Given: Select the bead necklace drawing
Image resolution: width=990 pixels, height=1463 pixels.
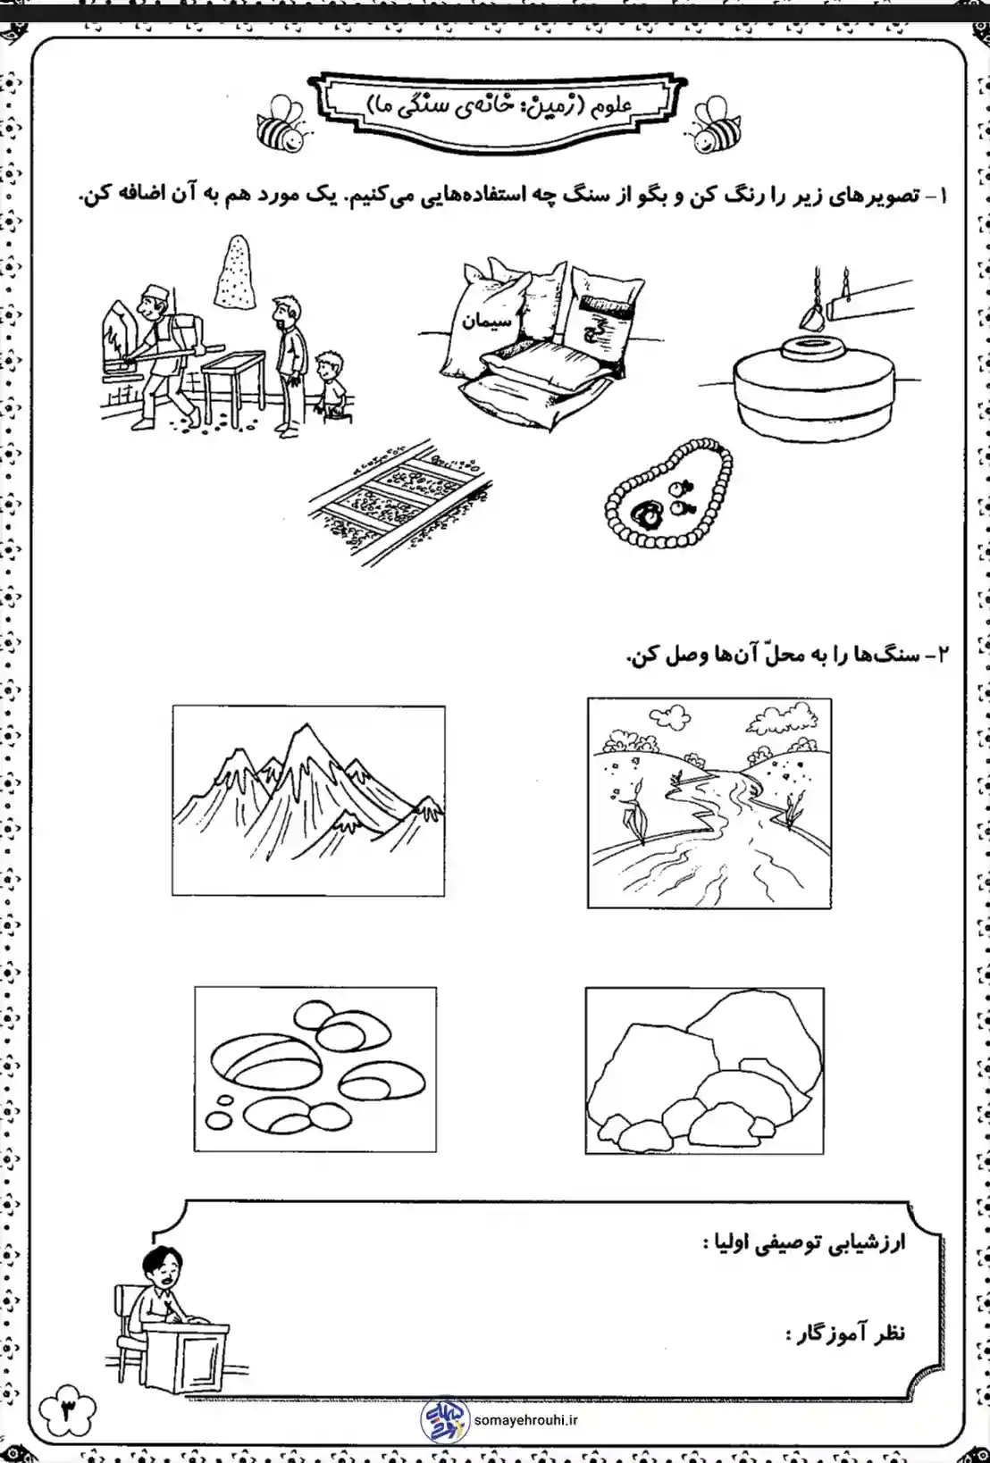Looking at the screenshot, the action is [667, 492].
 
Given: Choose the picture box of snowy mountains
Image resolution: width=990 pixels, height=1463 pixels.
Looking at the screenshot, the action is [308, 800].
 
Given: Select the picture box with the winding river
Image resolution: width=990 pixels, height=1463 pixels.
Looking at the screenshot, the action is [709, 803].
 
